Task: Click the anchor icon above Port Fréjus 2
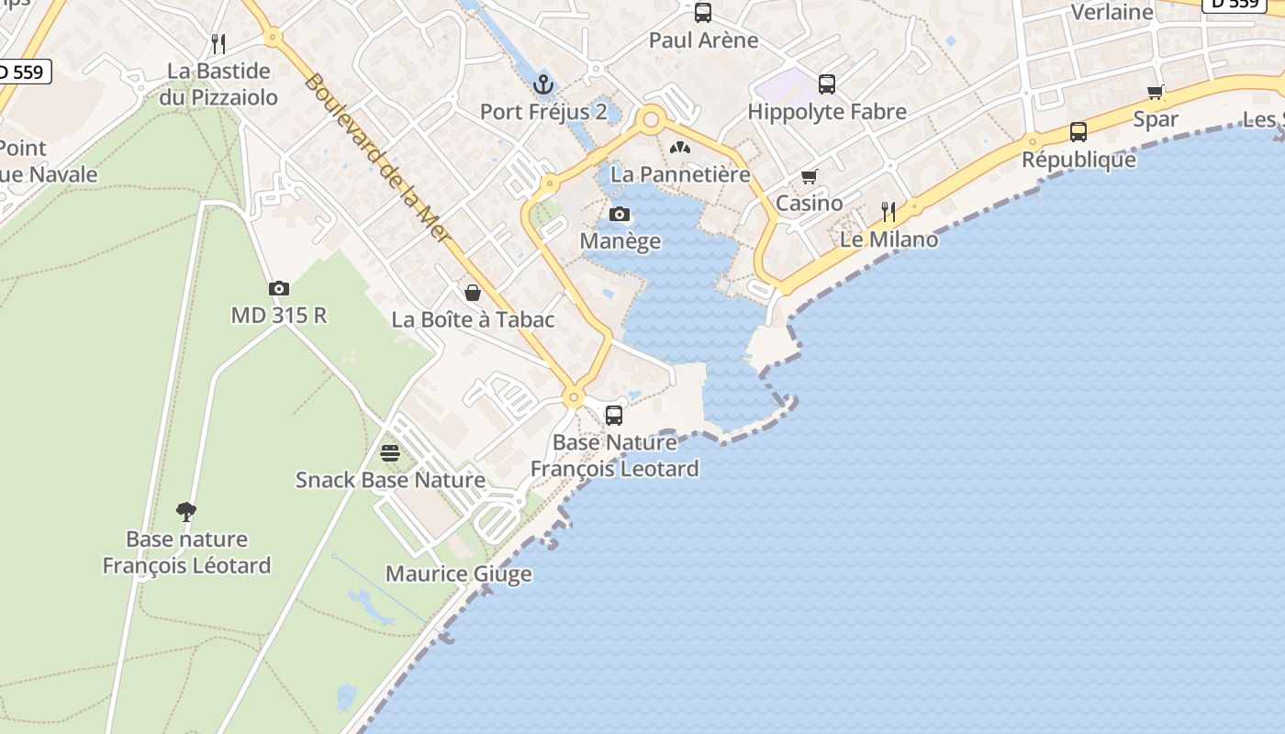pos(544,85)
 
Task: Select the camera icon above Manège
pos(620,215)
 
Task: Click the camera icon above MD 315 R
pos(279,289)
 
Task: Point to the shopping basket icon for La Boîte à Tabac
pos(473,293)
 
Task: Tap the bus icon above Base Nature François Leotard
pos(614,416)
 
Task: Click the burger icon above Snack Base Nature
pos(390,453)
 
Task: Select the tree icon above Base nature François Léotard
pos(186,512)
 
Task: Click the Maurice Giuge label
pos(458,574)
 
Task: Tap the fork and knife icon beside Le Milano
pos(888,212)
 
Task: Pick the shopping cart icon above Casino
pos(809,176)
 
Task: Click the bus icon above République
pos(1078,132)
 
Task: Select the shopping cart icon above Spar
pos(1156,92)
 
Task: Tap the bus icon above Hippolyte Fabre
pos(827,84)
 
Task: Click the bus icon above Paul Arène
pos(703,13)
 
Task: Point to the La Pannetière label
pos(680,173)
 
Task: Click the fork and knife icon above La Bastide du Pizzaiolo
pos(218,43)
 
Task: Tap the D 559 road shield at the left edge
pos(22,72)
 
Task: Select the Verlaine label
pos(1112,12)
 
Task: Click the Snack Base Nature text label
pos(390,480)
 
